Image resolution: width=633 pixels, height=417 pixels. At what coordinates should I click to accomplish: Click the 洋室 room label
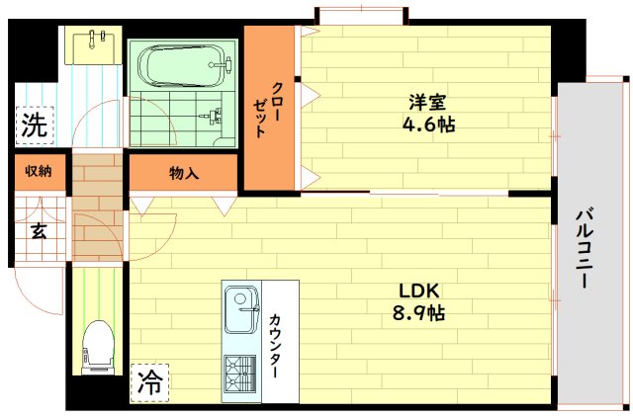(428, 102)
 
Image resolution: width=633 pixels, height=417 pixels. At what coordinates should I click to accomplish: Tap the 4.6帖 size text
(428, 125)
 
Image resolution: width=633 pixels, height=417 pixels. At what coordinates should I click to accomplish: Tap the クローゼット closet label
(268, 110)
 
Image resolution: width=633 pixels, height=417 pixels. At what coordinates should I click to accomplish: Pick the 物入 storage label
(184, 173)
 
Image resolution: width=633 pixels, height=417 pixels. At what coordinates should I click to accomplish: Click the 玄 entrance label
(38, 232)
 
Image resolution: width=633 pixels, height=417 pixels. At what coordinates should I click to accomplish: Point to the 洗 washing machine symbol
(34, 125)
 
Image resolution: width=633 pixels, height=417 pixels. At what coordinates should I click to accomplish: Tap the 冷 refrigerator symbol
(148, 382)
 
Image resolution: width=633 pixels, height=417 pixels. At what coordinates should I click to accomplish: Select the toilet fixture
(98, 347)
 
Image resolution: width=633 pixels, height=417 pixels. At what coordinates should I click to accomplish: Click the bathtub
(183, 68)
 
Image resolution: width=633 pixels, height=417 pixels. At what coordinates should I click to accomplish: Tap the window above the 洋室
(360, 15)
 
